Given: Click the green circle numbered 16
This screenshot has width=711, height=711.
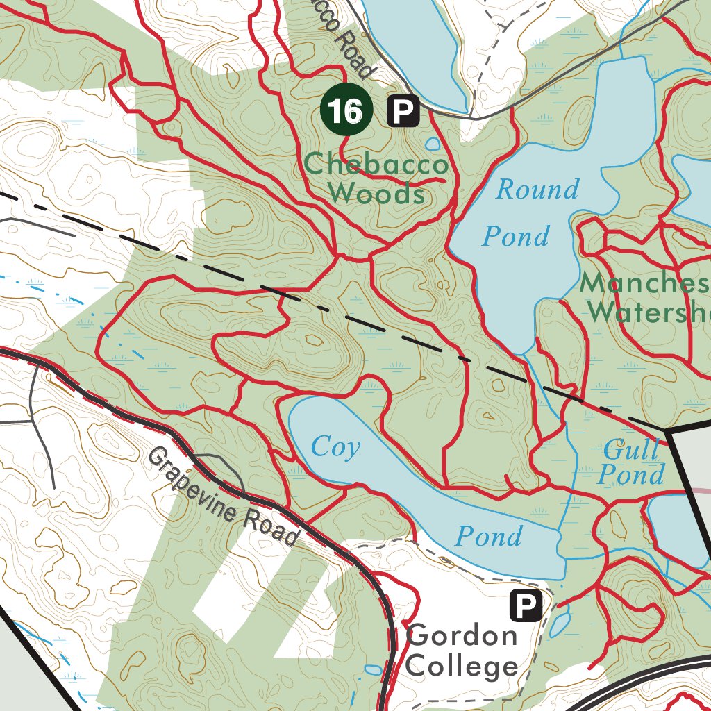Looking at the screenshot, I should [346, 110].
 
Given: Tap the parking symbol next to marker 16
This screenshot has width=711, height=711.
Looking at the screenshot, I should [403, 110].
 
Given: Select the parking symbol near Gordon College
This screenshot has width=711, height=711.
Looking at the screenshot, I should [526, 605].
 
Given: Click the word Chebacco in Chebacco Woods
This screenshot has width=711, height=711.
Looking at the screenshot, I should [376, 165].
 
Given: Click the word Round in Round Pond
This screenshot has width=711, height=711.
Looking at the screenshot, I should [537, 190].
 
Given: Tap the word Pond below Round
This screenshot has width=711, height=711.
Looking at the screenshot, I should [515, 237].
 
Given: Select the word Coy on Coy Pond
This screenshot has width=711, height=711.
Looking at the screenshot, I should [336, 446].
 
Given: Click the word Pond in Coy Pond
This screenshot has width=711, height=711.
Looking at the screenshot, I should [488, 536].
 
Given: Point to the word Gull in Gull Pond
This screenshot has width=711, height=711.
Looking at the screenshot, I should [630, 451].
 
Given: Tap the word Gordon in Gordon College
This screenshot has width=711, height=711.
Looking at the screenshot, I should [462, 636].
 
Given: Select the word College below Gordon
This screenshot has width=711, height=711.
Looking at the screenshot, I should [462, 667].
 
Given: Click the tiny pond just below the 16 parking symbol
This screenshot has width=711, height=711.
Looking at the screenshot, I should [433, 144].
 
